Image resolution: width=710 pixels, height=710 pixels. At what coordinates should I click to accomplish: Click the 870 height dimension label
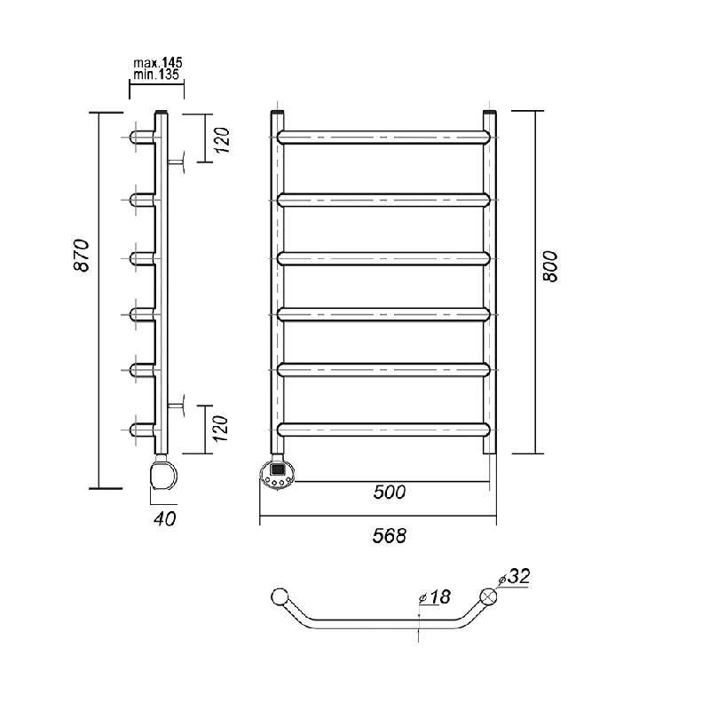[x=82, y=255]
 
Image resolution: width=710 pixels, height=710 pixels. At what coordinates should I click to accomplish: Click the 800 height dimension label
[x=550, y=267]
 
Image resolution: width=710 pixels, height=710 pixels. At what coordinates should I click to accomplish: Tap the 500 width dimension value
[x=390, y=492]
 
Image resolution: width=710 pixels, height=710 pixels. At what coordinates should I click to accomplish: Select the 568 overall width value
[x=390, y=536]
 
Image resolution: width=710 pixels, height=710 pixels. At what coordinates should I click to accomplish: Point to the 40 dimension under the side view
[x=164, y=519]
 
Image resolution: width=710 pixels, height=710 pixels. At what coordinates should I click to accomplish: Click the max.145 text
[x=158, y=63]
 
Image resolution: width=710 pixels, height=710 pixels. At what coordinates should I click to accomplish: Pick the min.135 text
[x=156, y=75]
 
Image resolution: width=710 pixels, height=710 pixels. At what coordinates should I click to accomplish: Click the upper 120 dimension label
[x=223, y=140]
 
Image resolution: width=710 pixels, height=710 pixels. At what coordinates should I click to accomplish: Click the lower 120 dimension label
[x=220, y=429]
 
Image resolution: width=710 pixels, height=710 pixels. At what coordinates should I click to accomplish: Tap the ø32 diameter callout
[x=514, y=576]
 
